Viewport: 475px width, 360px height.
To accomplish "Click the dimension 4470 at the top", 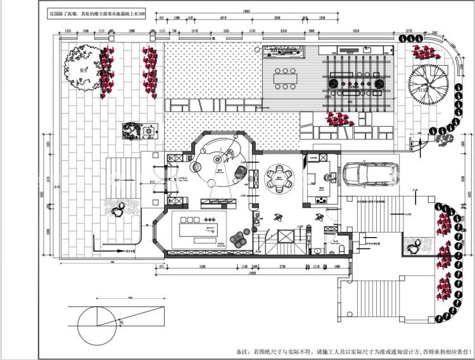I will coord(224,19).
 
